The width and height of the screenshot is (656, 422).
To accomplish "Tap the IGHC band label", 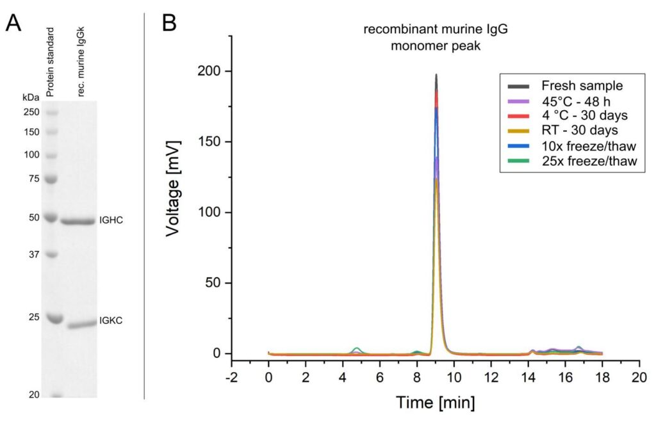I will click(x=110, y=220).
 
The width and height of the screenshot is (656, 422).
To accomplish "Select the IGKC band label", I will click(x=110, y=321).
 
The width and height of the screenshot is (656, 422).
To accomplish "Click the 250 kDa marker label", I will click(x=31, y=112).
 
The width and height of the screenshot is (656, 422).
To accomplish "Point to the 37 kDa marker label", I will click(x=34, y=254).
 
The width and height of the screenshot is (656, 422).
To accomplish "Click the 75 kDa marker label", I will click(x=34, y=179).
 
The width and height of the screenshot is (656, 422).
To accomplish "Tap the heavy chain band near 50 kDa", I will click(x=78, y=222).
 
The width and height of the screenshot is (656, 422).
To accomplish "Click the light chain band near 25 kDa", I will click(x=80, y=324).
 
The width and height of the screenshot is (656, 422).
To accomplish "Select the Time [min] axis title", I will click(x=436, y=403).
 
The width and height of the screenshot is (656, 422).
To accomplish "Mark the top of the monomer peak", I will click(x=436, y=75).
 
